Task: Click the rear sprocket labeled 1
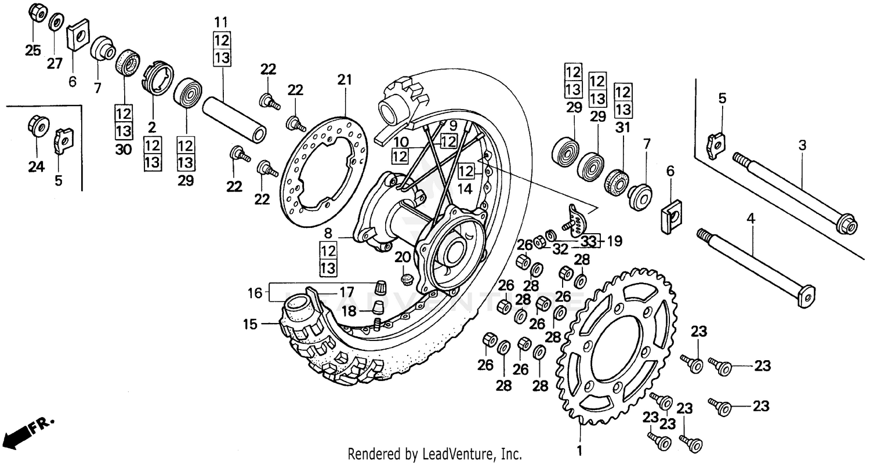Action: [618, 348]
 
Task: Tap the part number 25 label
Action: [33, 50]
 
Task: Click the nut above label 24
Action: [36, 126]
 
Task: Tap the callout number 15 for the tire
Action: [249, 325]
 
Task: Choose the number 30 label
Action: [124, 150]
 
